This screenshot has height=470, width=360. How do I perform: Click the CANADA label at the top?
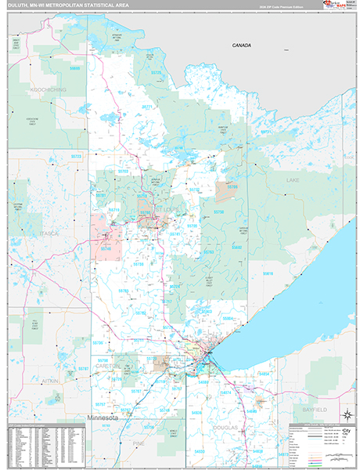point(241,45)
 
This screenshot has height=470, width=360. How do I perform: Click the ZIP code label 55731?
point(265,131)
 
